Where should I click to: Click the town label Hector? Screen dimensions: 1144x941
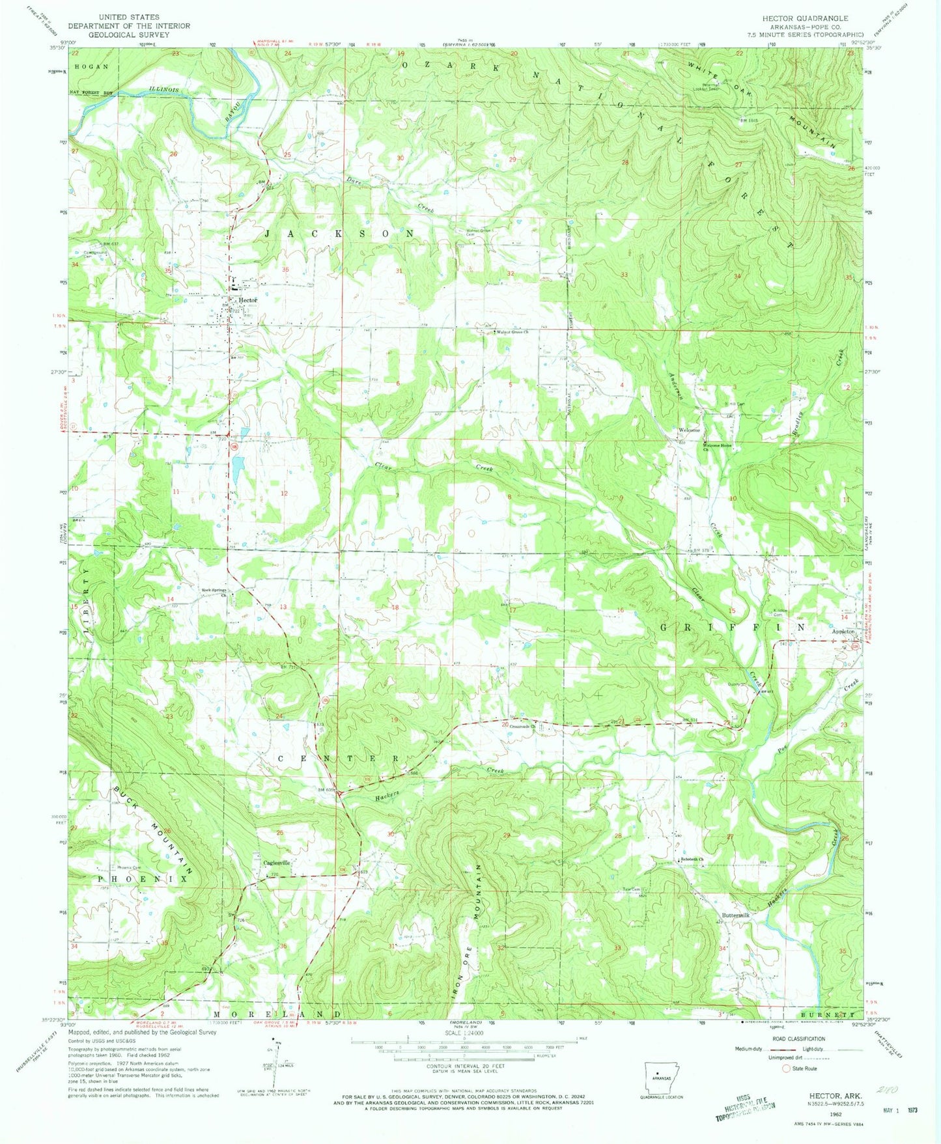[248, 300]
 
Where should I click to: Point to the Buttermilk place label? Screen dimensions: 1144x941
[734, 915]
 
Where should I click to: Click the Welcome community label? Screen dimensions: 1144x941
[690, 430]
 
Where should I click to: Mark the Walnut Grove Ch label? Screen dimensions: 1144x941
[513, 333]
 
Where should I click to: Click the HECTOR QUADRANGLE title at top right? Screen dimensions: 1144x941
[805, 18]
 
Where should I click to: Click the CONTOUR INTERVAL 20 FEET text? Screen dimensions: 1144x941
[464, 1066]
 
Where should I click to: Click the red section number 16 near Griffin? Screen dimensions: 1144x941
[620, 610]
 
